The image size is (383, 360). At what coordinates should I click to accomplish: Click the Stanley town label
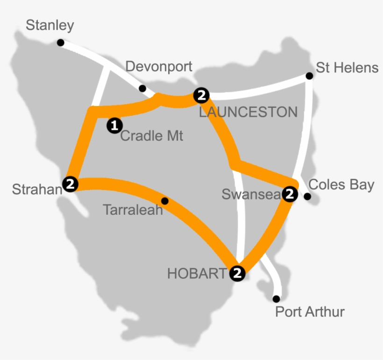[50, 25]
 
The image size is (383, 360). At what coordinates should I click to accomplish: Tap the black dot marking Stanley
[60, 42]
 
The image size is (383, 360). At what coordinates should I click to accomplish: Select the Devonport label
[159, 67]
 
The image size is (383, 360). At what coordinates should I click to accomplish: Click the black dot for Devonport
[142, 88]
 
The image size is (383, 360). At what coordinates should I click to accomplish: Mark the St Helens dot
[309, 76]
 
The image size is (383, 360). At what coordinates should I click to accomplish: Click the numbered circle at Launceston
[201, 95]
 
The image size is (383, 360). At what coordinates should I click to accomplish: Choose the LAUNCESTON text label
[248, 112]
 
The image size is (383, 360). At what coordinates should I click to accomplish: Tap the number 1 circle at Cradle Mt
[114, 125]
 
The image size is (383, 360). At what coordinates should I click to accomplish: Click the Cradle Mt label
[152, 136]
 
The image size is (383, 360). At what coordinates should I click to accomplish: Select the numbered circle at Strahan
[71, 184]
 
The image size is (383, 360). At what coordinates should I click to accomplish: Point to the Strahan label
[37, 189]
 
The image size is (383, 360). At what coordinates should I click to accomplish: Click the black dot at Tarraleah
[164, 201]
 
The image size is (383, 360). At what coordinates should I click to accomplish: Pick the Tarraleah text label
[133, 210]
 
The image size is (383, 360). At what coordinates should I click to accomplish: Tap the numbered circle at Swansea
[290, 194]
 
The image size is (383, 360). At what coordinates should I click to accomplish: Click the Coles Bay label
[341, 185]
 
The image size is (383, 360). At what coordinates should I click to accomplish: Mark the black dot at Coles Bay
[307, 197]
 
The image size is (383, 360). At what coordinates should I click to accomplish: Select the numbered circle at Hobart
[237, 273]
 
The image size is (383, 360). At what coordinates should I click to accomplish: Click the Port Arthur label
[310, 311]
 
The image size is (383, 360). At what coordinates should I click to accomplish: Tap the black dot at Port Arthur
[277, 299]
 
